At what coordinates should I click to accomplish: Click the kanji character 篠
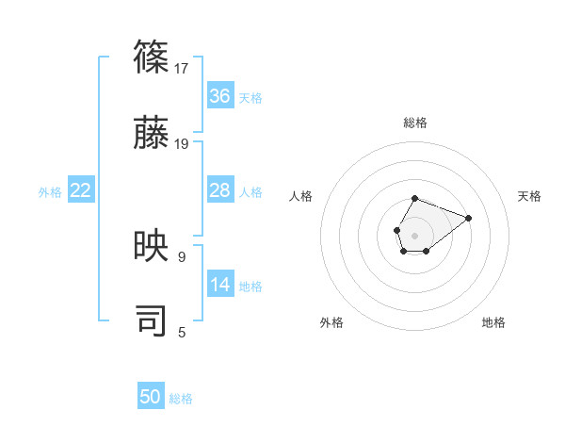coord(152,58)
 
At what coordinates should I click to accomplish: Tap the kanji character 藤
coord(152,134)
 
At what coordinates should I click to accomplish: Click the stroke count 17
coord(183,69)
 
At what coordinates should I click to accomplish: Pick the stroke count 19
coord(183,144)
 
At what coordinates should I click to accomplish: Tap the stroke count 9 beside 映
coord(181,256)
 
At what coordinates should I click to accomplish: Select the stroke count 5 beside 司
coord(181,332)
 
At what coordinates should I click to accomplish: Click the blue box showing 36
coord(220,96)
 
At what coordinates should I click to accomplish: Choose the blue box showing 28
coord(220,190)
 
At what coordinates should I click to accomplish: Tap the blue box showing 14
coord(220,285)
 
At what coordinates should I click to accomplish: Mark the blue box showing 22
coord(81,190)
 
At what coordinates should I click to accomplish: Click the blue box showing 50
coord(151,397)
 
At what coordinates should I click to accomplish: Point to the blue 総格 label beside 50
coord(181,399)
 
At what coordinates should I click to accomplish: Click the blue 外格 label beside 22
coord(50,192)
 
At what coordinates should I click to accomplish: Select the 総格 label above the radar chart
coord(414,123)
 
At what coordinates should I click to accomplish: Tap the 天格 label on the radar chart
coord(529,196)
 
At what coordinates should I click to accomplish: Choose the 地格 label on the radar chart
coord(493,322)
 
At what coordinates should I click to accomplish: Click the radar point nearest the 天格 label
coord(468,217)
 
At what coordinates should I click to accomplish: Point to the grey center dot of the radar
coord(414,234)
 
